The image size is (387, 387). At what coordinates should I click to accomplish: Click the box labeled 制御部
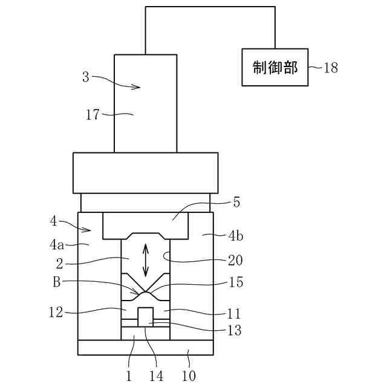point(275,67)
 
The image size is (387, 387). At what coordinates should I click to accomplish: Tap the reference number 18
point(331,68)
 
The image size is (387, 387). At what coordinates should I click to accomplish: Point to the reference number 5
point(236,203)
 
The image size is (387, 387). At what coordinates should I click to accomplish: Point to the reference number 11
point(234,314)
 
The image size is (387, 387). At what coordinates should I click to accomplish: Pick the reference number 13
point(234,330)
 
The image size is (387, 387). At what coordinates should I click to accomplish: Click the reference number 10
point(189,376)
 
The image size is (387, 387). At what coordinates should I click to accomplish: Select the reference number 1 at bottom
point(129,376)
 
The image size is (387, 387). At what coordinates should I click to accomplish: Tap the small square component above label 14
point(146,316)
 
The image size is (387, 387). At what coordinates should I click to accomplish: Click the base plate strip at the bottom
point(146,348)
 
